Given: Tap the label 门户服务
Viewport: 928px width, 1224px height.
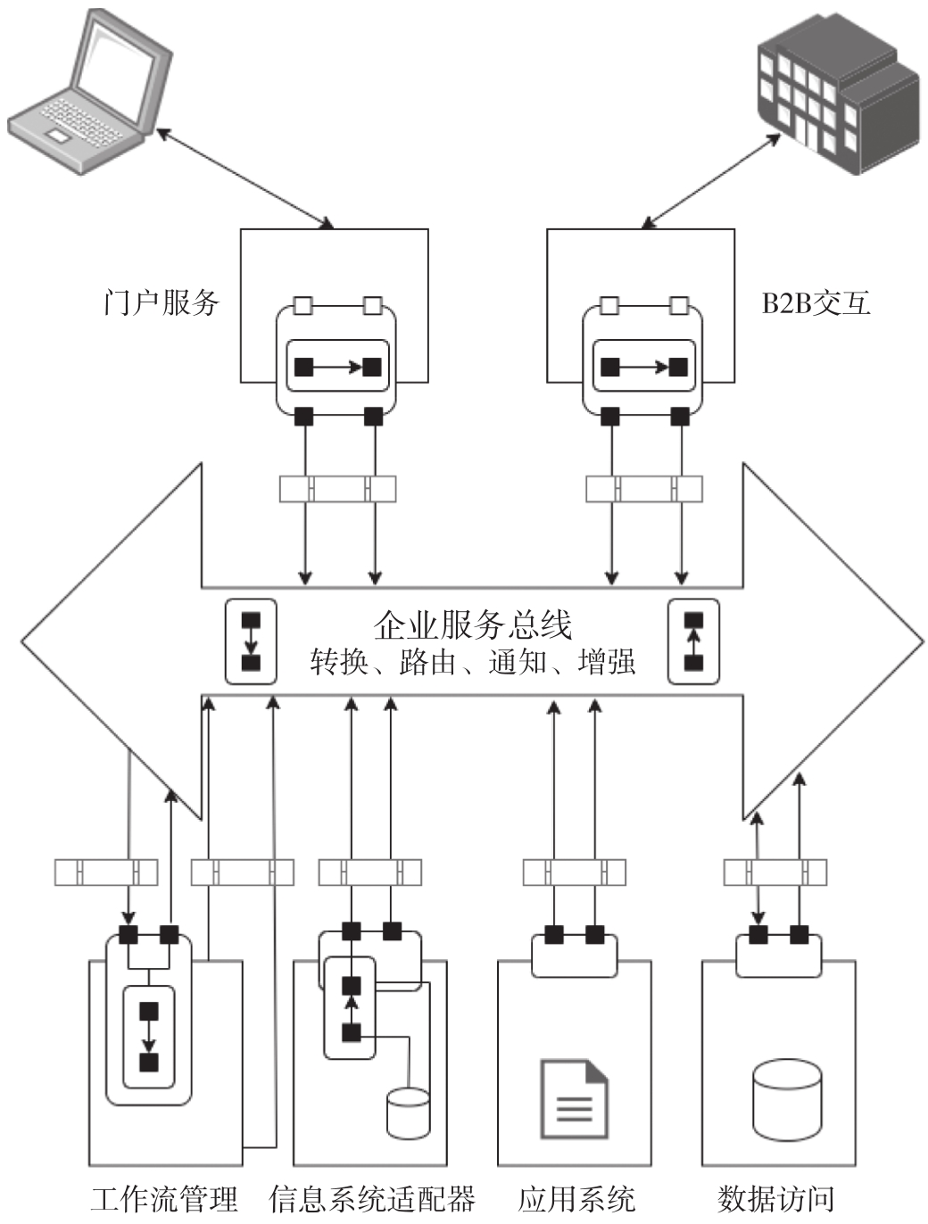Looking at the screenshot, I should coord(161,302).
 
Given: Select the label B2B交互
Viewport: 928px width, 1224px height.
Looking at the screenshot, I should coord(816,303).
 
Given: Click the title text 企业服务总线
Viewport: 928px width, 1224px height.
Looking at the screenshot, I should coord(472,624).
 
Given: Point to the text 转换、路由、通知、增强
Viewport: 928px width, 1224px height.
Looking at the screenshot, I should coord(472,662).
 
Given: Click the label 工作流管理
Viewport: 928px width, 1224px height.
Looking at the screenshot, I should coord(164,1199).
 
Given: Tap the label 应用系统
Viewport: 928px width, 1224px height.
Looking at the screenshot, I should coord(576,1199).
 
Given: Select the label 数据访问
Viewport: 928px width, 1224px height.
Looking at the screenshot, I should coord(775,1199).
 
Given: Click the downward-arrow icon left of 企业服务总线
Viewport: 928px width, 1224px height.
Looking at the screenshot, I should coord(251,641).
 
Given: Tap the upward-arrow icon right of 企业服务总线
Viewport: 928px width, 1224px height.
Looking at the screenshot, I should coord(693,641).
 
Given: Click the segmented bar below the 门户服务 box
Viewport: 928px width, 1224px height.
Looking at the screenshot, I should coord(337,489).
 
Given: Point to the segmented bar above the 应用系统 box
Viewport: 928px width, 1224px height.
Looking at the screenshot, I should coord(574,872).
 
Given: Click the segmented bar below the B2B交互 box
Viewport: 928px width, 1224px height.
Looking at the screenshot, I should coord(643,489).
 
